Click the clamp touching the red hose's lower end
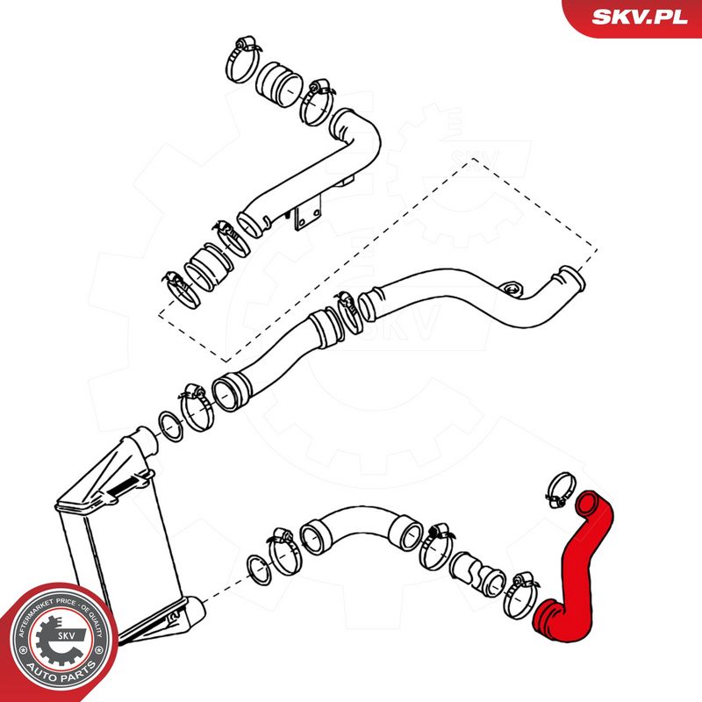click(520, 594)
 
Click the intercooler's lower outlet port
click(189, 610)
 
